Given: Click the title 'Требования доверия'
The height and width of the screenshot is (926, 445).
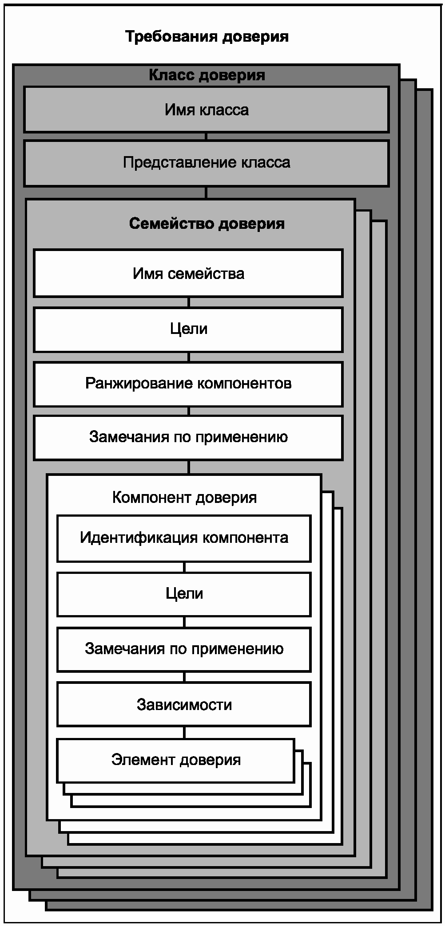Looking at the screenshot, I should click(207, 36).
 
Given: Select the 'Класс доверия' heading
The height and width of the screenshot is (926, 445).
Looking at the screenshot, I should click(207, 75).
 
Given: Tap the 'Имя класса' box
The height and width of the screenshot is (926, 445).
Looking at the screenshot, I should click(207, 110).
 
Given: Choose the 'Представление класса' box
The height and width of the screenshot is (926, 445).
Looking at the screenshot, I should click(207, 163).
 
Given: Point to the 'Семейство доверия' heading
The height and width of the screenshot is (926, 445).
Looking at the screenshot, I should click(207, 224).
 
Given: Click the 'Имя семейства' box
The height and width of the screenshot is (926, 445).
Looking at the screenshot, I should click(188, 273).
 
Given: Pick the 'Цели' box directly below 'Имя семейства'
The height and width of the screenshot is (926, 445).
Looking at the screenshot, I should click(188, 329).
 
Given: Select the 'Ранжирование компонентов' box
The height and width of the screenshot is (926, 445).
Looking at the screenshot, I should click(188, 384).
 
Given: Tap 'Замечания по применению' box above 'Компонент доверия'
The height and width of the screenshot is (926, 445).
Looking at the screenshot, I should click(188, 437).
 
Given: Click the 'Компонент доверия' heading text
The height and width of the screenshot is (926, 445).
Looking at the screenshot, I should click(184, 498).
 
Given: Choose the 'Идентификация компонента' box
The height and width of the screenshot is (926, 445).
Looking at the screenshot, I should click(184, 538).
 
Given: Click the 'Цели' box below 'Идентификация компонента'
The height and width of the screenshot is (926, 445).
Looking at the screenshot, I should click(184, 594).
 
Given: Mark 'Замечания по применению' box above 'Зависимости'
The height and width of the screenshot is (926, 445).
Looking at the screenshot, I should click(184, 649).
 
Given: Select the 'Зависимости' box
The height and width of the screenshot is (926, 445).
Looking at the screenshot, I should click(184, 705).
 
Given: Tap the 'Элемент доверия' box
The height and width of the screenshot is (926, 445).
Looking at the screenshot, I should click(176, 760).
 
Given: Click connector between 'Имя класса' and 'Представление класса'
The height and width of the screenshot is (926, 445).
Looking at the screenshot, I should click(206, 137).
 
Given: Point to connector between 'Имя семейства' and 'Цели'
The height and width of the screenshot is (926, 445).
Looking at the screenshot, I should click(189, 302).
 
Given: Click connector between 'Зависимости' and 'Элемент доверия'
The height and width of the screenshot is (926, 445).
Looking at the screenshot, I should click(184, 733).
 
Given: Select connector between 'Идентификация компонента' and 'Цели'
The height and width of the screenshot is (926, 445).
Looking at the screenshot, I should click(184, 567).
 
